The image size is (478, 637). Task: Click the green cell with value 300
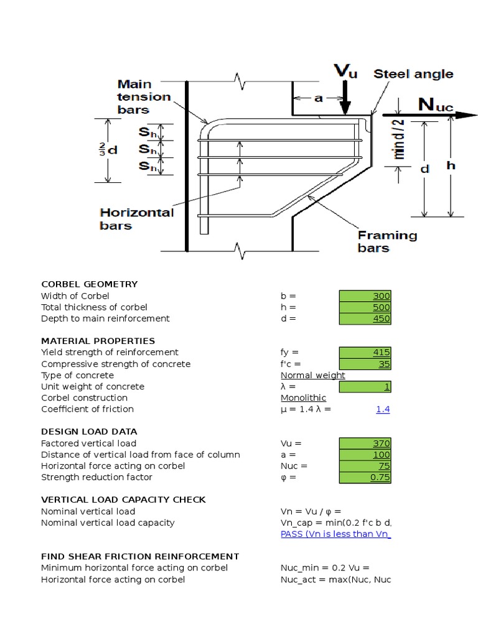pyautogui.click(x=365, y=295)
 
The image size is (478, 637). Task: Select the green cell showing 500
pyautogui.click(x=365, y=307)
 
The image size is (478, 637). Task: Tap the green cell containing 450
pyautogui.click(x=365, y=318)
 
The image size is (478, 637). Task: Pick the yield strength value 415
pyautogui.click(x=365, y=352)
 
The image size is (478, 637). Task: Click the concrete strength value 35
pyautogui.click(x=365, y=364)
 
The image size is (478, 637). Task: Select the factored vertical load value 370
pyautogui.click(x=365, y=443)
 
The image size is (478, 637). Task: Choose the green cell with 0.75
pyautogui.click(x=365, y=477)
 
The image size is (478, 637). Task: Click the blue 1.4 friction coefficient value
pyautogui.click(x=383, y=409)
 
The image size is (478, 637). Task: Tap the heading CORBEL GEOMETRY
pyautogui.click(x=89, y=284)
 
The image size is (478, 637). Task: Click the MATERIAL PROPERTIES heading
pyautogui.click(x=98, y=341)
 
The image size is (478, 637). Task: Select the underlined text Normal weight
pyautogui.click(x=312, y=375)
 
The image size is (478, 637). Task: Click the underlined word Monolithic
pyautogui.click(x=303, y=398)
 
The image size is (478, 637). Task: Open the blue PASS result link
pyautogui.click(x=335, y=534)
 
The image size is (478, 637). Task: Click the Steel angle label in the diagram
pyautogui.click(x=413, y=74)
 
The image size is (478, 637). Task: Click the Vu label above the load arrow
pyautogui.click(x=346, y=70)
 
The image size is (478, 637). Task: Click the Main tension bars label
pyautogui.click(x=143, y=96)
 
